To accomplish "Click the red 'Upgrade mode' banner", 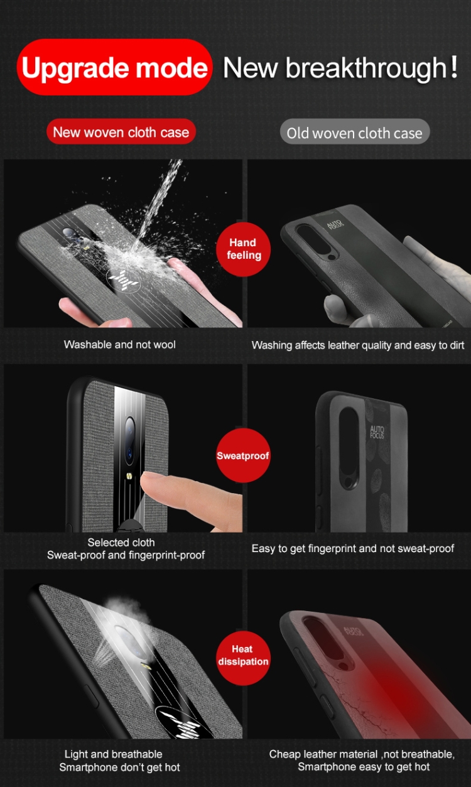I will pos(114,68).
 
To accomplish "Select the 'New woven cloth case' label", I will pos(121,133).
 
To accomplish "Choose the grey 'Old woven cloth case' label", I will pos(354,133).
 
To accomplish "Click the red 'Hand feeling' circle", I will pos(243,249).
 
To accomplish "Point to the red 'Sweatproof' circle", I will pos(242,455).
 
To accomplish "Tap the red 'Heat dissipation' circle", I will pos(242,655).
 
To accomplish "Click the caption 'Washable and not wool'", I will pos(119,345).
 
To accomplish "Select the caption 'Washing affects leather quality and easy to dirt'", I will pos(358,345).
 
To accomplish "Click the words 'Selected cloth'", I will pos(121,542).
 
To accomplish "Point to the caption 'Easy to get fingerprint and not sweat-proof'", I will pos(352,548).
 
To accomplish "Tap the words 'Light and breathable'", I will pos(113,754).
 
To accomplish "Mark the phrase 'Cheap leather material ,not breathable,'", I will pos(362,754).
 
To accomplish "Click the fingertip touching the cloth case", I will pos(157,487).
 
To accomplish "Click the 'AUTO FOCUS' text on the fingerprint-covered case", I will pos(377,432).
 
